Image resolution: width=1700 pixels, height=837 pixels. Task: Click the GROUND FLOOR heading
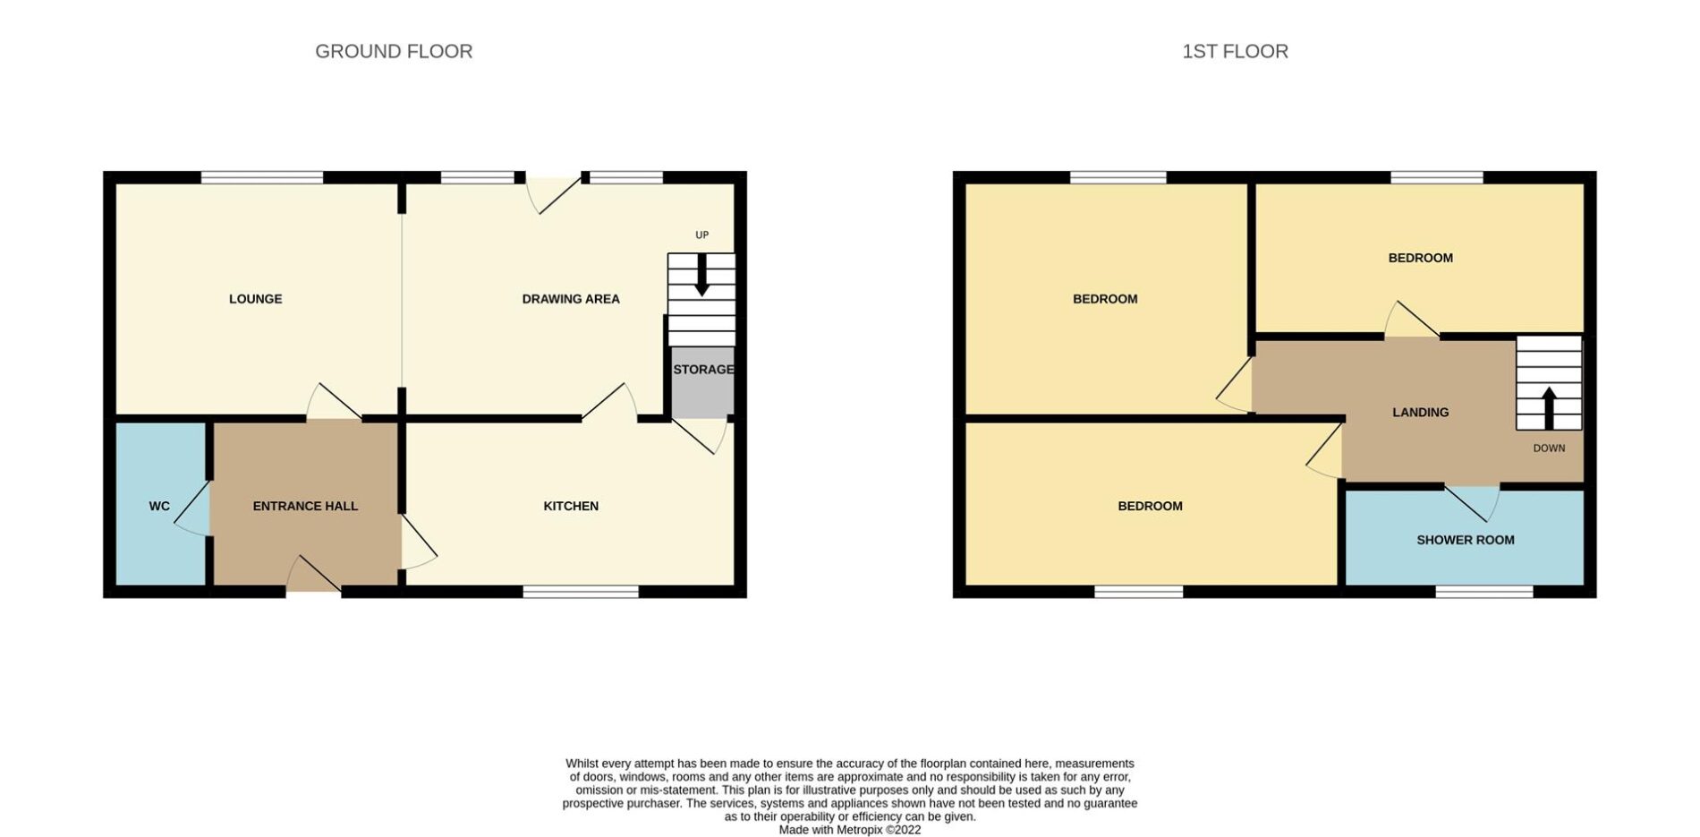tap(394, 52)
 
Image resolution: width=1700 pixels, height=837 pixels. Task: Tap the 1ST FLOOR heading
tap(1235, 52)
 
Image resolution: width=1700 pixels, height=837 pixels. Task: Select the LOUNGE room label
tap(256, 299)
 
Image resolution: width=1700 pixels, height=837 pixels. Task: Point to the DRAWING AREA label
tap(571, 299)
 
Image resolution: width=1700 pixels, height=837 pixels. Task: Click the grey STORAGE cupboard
tap(702, 382)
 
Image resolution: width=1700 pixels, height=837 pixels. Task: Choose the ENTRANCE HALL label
tap(305, 506)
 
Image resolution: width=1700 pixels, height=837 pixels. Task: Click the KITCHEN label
tap(571, 506)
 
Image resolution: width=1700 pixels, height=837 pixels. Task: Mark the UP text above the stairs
tap(702, 235)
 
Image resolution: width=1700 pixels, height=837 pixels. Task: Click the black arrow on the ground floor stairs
tap(702, 275)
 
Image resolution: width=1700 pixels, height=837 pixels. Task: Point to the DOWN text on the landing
tap(1549, 448)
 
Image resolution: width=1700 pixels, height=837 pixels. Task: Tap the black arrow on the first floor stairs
tap(1549, 408)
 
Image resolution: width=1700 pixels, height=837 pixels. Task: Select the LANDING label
tap(1420, 413)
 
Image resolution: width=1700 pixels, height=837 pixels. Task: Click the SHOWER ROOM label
tap(1466, 540)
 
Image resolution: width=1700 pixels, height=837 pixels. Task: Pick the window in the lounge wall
tap(261, 177)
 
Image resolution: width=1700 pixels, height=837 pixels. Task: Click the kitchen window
tap(581, 592)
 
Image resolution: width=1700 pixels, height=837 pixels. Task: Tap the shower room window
tap(1484, 592)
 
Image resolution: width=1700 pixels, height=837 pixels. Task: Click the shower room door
tap(1472, 503)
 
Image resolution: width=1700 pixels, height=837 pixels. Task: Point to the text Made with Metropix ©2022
tap(849, 830)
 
